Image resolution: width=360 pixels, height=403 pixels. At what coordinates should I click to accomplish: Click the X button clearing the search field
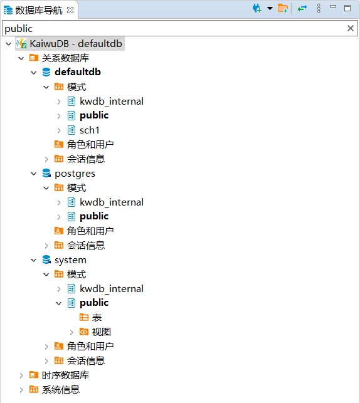[350, 28]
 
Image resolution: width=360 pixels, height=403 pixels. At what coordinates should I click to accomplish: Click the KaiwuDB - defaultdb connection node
[76, 44]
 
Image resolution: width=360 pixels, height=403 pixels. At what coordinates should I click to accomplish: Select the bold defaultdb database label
[78, 72]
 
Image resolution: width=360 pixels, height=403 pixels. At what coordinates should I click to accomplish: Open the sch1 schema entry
[89, 130]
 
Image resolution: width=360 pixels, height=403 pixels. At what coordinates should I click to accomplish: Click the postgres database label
[75, 174]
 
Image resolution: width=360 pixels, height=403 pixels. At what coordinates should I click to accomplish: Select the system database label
[70, 260]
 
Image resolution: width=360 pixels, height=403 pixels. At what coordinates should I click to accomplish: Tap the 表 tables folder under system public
[97, 318]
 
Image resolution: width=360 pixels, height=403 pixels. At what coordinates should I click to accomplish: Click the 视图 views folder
[102, 332]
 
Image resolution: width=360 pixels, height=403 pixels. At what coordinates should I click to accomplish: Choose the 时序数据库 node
[65, 375]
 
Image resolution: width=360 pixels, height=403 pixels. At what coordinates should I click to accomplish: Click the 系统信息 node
[61, 390]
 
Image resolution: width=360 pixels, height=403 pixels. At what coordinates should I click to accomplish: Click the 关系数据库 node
[65, 58]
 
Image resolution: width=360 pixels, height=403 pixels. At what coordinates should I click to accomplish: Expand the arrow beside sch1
[59, 130]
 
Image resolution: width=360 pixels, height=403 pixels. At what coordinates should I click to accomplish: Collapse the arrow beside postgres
[34, 174]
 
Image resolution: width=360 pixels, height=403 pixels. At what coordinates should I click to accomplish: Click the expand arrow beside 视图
[71, 332]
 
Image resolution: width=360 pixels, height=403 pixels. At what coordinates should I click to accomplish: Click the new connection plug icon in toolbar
[257, 9]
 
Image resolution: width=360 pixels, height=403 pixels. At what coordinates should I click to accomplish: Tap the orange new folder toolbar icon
[283, 9]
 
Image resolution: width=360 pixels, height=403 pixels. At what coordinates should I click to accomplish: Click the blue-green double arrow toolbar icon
[302, 9]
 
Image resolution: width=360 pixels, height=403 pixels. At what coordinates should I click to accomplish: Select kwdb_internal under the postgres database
[112, 202]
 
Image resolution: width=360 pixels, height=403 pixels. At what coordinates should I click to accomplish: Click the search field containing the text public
[175, 28]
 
